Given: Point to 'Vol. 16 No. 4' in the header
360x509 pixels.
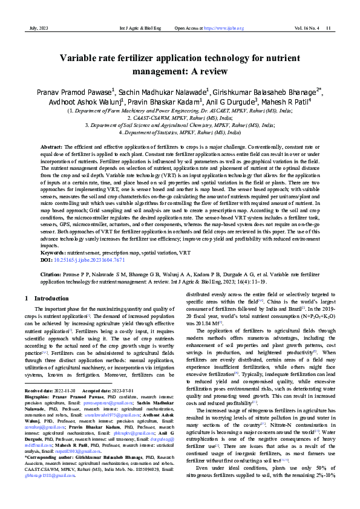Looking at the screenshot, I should click(307, 28).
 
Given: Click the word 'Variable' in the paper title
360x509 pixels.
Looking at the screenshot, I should click(82, 59).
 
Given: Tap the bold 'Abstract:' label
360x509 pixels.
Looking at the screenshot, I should click(51, 148).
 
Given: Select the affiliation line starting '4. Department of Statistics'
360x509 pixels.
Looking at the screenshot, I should click(180, 132).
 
